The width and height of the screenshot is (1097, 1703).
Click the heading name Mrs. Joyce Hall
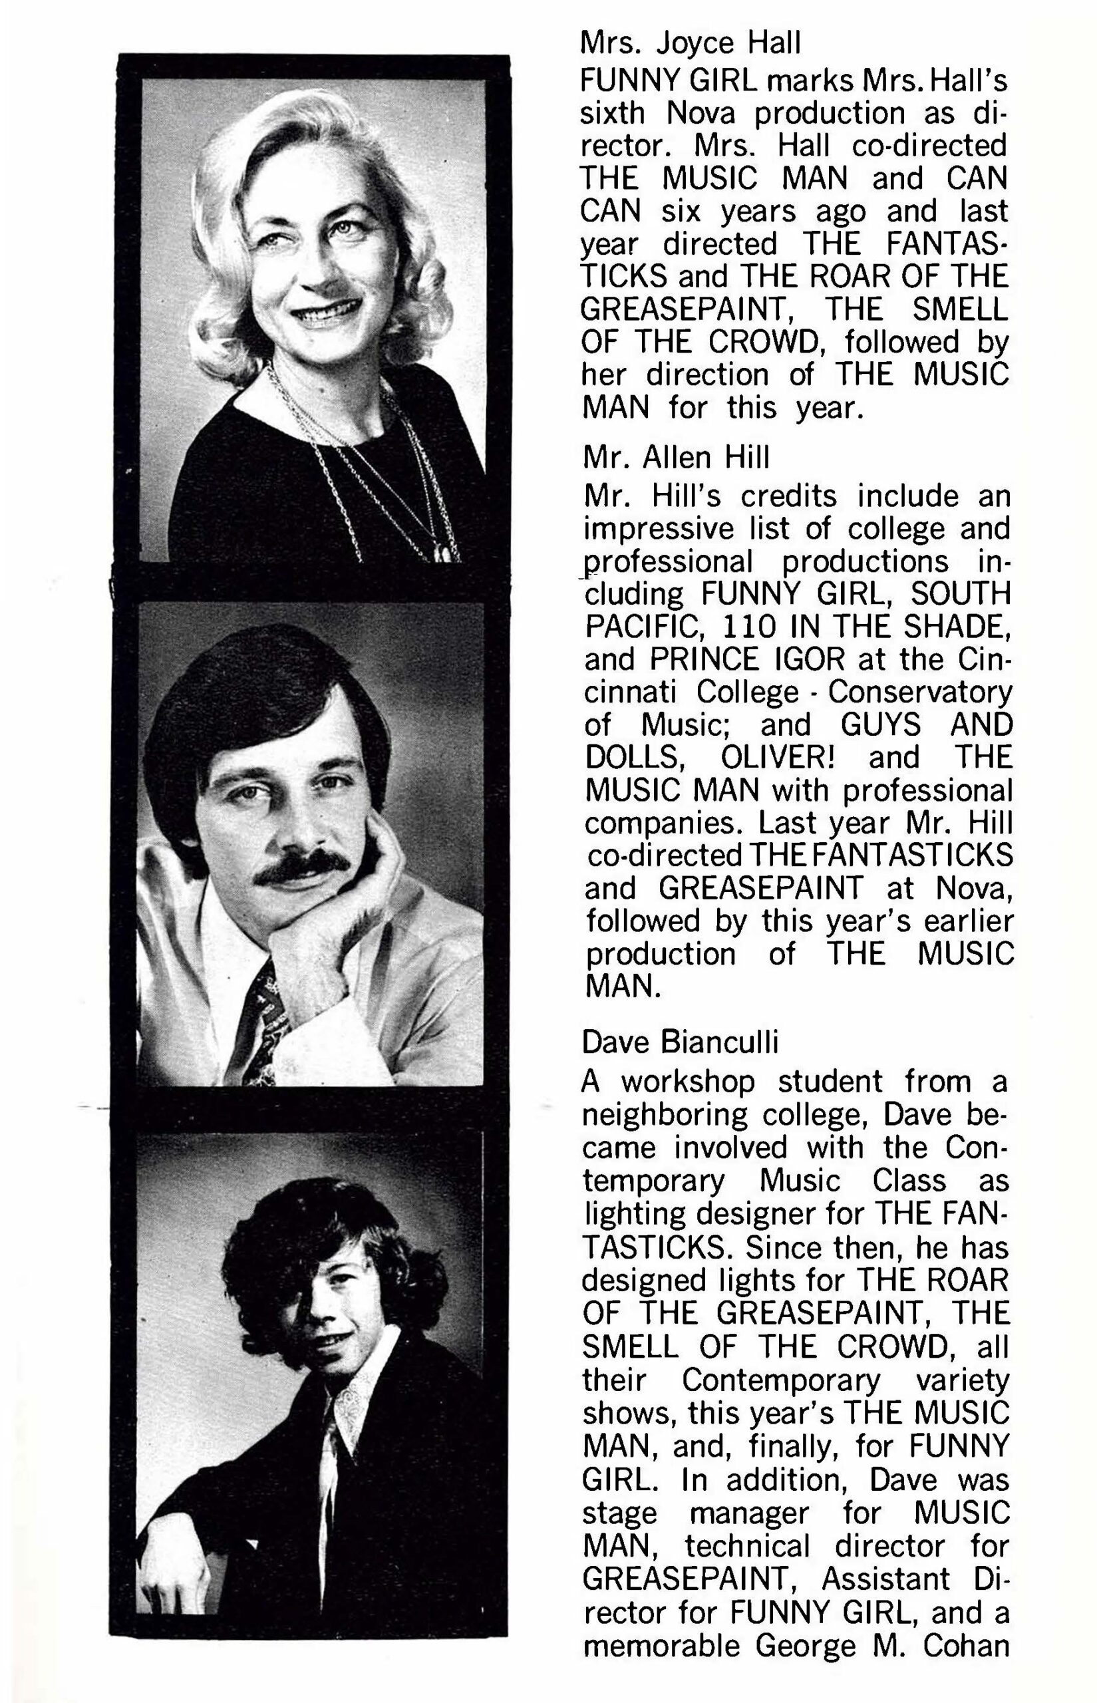click(691, 44)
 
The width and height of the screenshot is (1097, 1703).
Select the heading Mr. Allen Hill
click(676, 458)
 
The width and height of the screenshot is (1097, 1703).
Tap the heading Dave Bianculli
click(681, 1042)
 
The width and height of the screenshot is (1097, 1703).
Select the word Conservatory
click(919, 693)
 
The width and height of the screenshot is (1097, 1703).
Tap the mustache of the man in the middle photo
click(302, 867)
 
